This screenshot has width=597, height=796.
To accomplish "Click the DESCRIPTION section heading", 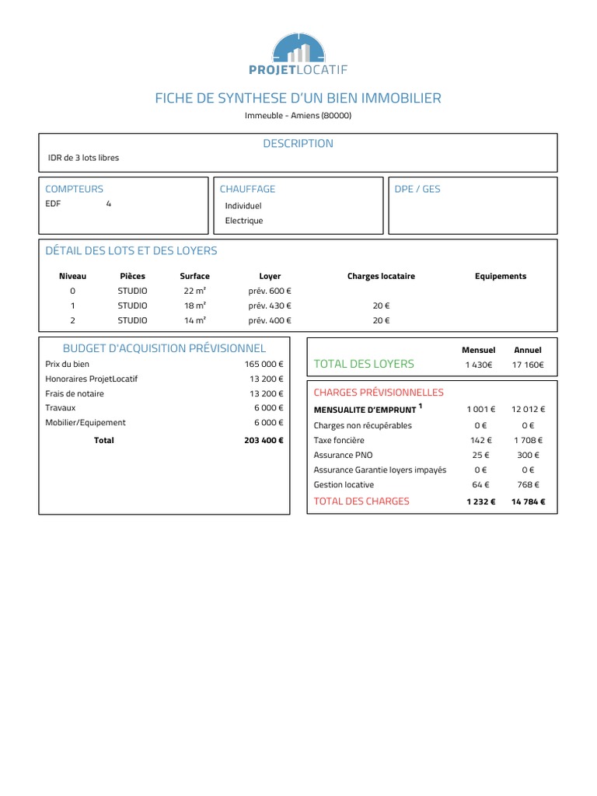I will [x=298, y=144].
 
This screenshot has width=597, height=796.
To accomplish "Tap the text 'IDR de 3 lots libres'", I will [x=84, y=158].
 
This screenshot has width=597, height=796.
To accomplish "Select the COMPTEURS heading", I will [x=74, y=189].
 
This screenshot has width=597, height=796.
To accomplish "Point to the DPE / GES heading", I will [x=417, y=189].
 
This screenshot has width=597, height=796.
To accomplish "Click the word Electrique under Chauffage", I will [x=244, y=221].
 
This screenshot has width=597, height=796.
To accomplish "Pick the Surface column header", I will [x=194, y=276].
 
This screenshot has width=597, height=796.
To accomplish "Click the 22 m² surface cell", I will [x=194, y=291].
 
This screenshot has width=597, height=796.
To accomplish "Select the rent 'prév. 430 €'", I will [x=270, y=305].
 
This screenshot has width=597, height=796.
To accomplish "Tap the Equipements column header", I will [x=501, y=276].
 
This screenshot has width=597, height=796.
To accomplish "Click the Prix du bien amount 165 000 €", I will [x=264, y=364].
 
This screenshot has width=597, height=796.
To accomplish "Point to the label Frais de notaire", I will [x=75, y=393].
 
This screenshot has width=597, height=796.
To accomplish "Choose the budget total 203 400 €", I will [x=264, y=440].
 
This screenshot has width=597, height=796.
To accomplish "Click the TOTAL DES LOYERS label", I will [x=364, y=364].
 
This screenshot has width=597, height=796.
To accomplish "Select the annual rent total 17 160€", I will [x=528, y=365].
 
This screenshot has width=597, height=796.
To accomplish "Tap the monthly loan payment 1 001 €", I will [x=480, y=410].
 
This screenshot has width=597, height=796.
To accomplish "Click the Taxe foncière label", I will [x=337, y=440].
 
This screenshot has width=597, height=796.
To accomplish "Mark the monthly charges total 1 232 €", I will [x=480, y=501].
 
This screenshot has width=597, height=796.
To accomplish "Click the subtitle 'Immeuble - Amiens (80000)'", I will [x=298, y=116].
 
